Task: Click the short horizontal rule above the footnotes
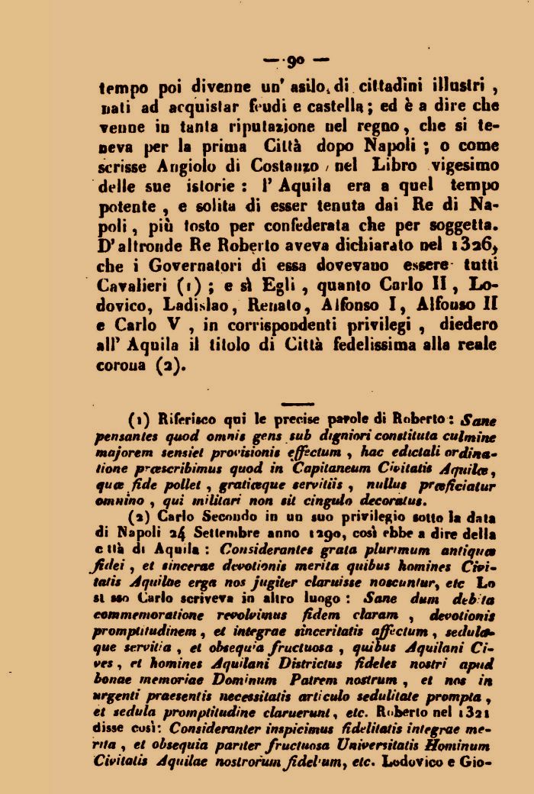pyautogui.click(x=298, y=403)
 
